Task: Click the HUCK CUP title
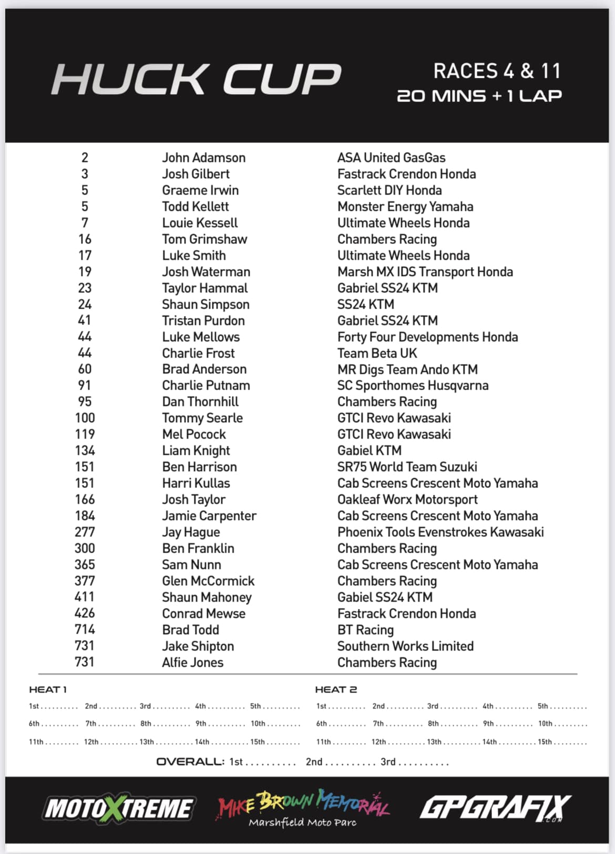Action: [197, 79]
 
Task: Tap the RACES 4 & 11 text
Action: [497, 71]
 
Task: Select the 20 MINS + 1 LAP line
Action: [479, 96]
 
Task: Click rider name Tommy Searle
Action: [202, 418]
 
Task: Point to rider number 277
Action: [85, 532]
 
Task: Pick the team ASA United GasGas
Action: [391, 158]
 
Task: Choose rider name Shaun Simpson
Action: [206, 304]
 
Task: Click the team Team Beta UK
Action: [377, 353]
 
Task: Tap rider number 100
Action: [85, 418]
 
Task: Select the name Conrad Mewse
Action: [203, 614]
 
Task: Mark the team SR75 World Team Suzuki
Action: [407, 467]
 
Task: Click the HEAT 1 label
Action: [48, 689]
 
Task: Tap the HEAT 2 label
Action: [336, 689]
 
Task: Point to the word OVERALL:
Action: [190, 761]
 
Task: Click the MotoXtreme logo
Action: [119, 808]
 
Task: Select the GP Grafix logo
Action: [495, 808]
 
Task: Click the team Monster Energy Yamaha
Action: [405, 207]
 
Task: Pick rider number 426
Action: [85, 614]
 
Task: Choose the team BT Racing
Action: [365, 630]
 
